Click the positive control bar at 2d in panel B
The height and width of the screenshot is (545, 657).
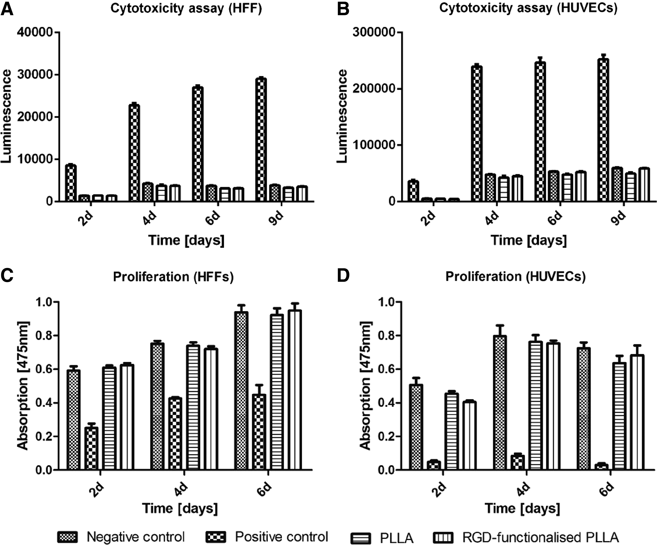pos(414,191)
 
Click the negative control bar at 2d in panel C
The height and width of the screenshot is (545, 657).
pos(74,420)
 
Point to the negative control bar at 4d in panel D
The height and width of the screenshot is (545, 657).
pos(500,403)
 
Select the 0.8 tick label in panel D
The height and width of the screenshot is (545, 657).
pos(386,336)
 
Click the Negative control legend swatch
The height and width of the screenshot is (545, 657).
pos(67,537)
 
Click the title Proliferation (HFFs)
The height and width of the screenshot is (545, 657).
pos(173,277)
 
